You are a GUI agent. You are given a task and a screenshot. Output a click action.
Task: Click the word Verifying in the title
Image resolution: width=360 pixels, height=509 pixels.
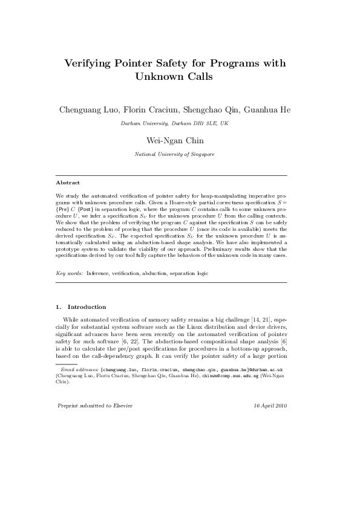pyautogui.click(x=91, y=63)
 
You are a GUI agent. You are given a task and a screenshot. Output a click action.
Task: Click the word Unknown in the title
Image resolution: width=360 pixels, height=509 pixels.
pyautogui.click(x=157, y=77)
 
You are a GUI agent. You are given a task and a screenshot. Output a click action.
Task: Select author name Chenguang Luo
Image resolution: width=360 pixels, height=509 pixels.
pyautogui.click(x=85, y=110)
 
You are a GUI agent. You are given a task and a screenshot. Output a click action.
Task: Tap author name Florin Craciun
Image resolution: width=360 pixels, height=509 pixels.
pyautogui.click(x=145, y=110)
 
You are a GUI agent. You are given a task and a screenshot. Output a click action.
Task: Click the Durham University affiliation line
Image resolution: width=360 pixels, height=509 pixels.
pyautogui.click(x=174, y=123)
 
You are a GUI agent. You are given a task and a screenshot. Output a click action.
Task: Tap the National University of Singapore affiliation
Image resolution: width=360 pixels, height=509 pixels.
pyautogui.click(x=174, y=155)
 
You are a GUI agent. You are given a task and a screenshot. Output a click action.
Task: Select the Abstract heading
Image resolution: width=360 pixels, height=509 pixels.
pyautogui.click(x=68, y=182)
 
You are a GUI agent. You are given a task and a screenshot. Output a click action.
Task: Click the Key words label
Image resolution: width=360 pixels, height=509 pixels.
pyautogui.click(x=69, y=273)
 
